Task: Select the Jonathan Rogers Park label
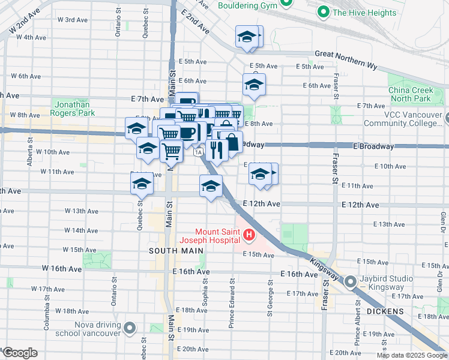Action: (x=73, y=108)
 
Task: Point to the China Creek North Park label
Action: (x=410, y=94)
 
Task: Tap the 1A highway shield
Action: (x=197, y=152)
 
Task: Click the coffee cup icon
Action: (x=187, y=132)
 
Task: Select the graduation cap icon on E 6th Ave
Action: (x=254, y=85)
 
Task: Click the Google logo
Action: (x=20, y=353)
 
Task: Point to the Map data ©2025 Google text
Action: (x=411, y=355)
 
